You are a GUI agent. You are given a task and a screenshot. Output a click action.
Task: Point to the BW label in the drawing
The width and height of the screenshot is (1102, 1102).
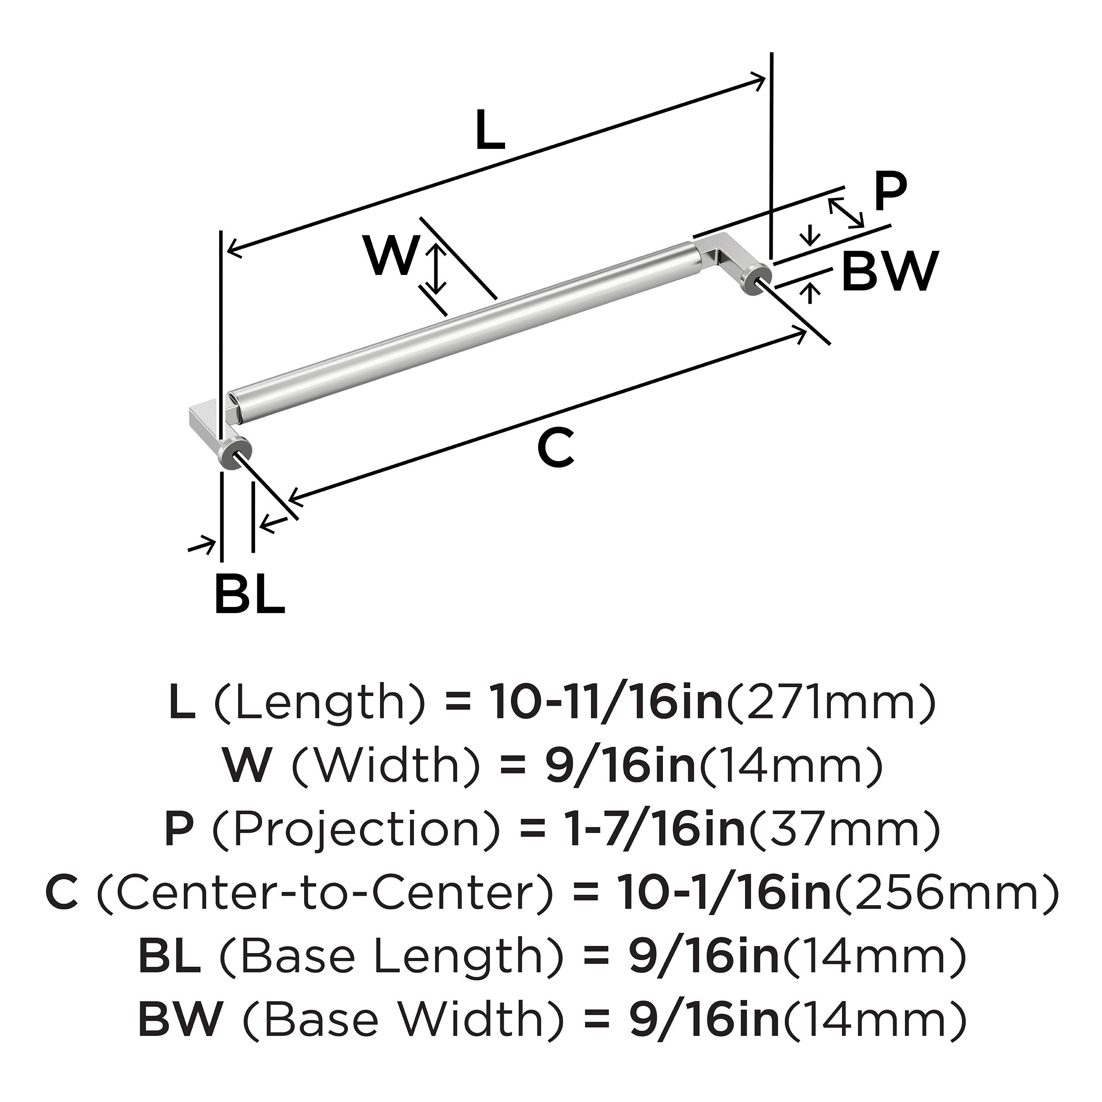(890, 272)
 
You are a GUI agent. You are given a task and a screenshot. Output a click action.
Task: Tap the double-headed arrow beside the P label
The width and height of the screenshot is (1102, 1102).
(846, 212)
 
